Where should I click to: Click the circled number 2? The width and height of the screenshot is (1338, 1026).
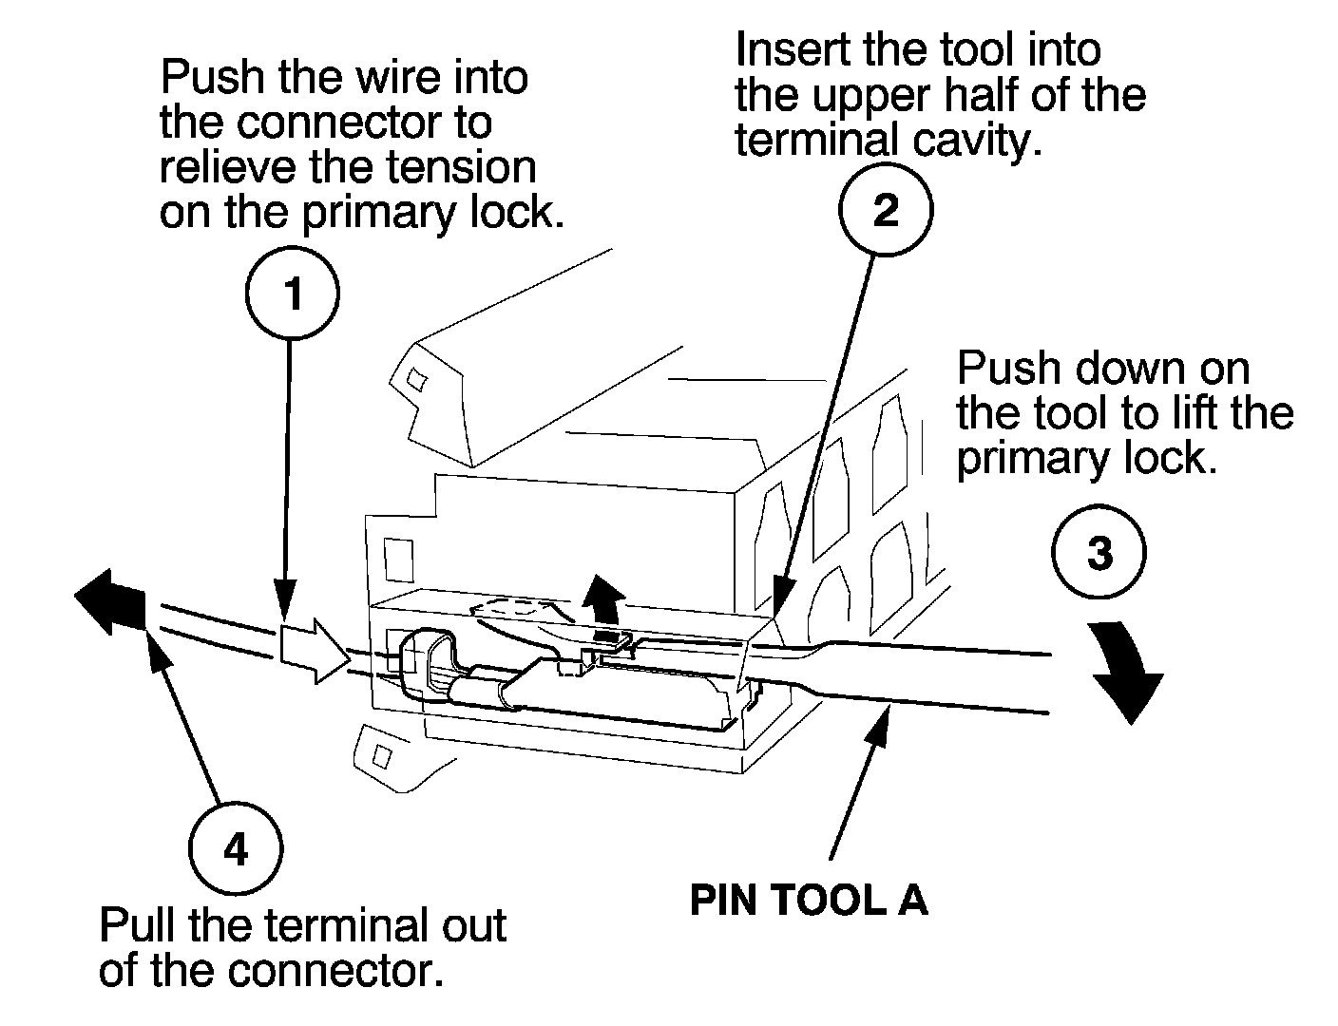tap(886, 210)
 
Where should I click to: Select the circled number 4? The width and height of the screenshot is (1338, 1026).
tap(235, 848)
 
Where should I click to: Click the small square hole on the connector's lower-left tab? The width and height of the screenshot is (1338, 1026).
tap(382, 756)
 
